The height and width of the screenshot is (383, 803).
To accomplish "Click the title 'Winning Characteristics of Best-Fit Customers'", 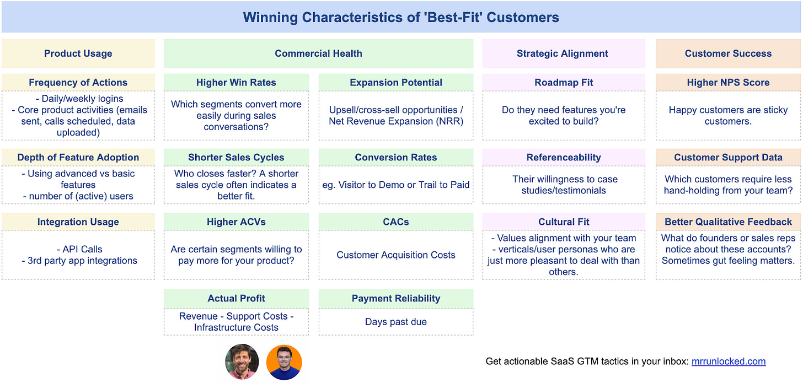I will click(x=401, y=18).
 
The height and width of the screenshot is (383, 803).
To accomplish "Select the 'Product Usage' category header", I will click(x=78, y=53).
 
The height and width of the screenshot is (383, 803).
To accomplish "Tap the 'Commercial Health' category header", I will click(x=318, y=53).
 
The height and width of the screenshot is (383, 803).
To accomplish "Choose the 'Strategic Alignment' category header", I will click(x=563, y=53).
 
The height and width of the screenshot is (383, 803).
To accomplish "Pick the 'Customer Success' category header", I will click(x=728, y=53).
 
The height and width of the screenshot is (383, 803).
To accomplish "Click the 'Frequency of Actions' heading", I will click(x=78, y=83).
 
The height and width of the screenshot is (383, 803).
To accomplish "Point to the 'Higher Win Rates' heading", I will click(x=236, y=83).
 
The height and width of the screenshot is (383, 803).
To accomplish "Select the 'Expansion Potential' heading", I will click(x=396, y=83).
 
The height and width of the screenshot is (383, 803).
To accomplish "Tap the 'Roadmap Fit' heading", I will click(x=563, y=83).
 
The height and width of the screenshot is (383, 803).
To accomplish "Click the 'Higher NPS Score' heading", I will click(x=728, y=83).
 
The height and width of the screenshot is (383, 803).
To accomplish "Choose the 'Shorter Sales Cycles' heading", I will click(x=236, y=158).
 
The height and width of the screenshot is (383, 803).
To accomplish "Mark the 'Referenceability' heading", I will click(x=563, y=158).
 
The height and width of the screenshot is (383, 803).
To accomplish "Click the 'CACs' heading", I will click(x=396, y=222).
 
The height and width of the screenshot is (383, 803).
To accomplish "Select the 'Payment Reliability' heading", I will click(x=396, y=299).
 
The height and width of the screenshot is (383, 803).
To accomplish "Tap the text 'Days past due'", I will click(x=396, y=322).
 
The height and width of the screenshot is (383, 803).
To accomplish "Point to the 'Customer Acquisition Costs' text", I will click(x=396, y=255).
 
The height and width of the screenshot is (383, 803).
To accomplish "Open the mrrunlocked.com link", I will click(x=729, y=362).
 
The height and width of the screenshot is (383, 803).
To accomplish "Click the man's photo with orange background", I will click(x=284, y=362).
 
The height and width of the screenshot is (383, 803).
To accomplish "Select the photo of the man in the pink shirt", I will click(x=242, y=362).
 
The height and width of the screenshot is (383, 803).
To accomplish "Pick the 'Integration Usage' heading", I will click(x=78, y=222).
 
